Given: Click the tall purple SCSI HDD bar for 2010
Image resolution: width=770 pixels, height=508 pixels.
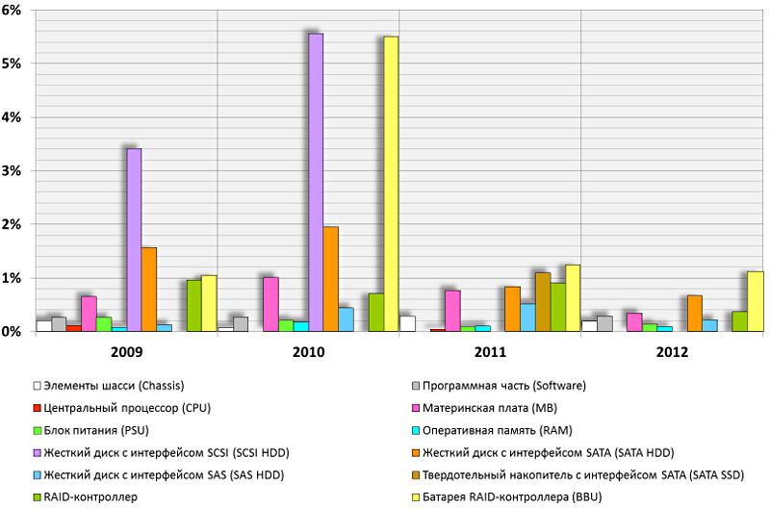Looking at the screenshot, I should pos(316,183).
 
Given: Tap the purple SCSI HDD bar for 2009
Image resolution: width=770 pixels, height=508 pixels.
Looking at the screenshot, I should pos(134,240).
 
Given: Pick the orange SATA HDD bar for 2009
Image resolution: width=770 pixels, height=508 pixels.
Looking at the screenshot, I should pos(149,289).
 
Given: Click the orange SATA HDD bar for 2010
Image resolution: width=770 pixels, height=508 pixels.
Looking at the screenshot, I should pos(330,279).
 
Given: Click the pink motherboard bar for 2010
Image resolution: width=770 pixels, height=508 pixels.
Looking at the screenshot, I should pos(270,304).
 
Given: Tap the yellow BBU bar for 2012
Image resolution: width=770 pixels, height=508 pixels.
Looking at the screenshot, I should pos(756,301).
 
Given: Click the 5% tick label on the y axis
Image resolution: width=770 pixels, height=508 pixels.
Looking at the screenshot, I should pos(18,63).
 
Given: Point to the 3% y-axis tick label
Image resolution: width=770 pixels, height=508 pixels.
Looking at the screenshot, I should pos(18,171).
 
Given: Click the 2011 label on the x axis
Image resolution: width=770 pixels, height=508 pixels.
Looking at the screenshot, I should pos(490,351).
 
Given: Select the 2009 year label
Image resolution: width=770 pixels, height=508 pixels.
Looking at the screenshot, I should pos(126,351).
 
